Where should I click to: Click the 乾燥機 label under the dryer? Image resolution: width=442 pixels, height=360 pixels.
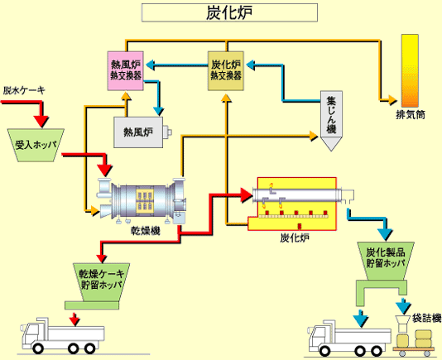click(144, 232)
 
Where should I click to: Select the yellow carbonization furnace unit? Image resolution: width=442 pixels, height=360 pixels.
click(296, 202)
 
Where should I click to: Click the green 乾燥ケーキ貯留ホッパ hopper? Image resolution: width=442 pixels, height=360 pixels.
click(101, 279)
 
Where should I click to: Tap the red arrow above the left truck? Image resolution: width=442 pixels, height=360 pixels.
click(74, 319)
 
